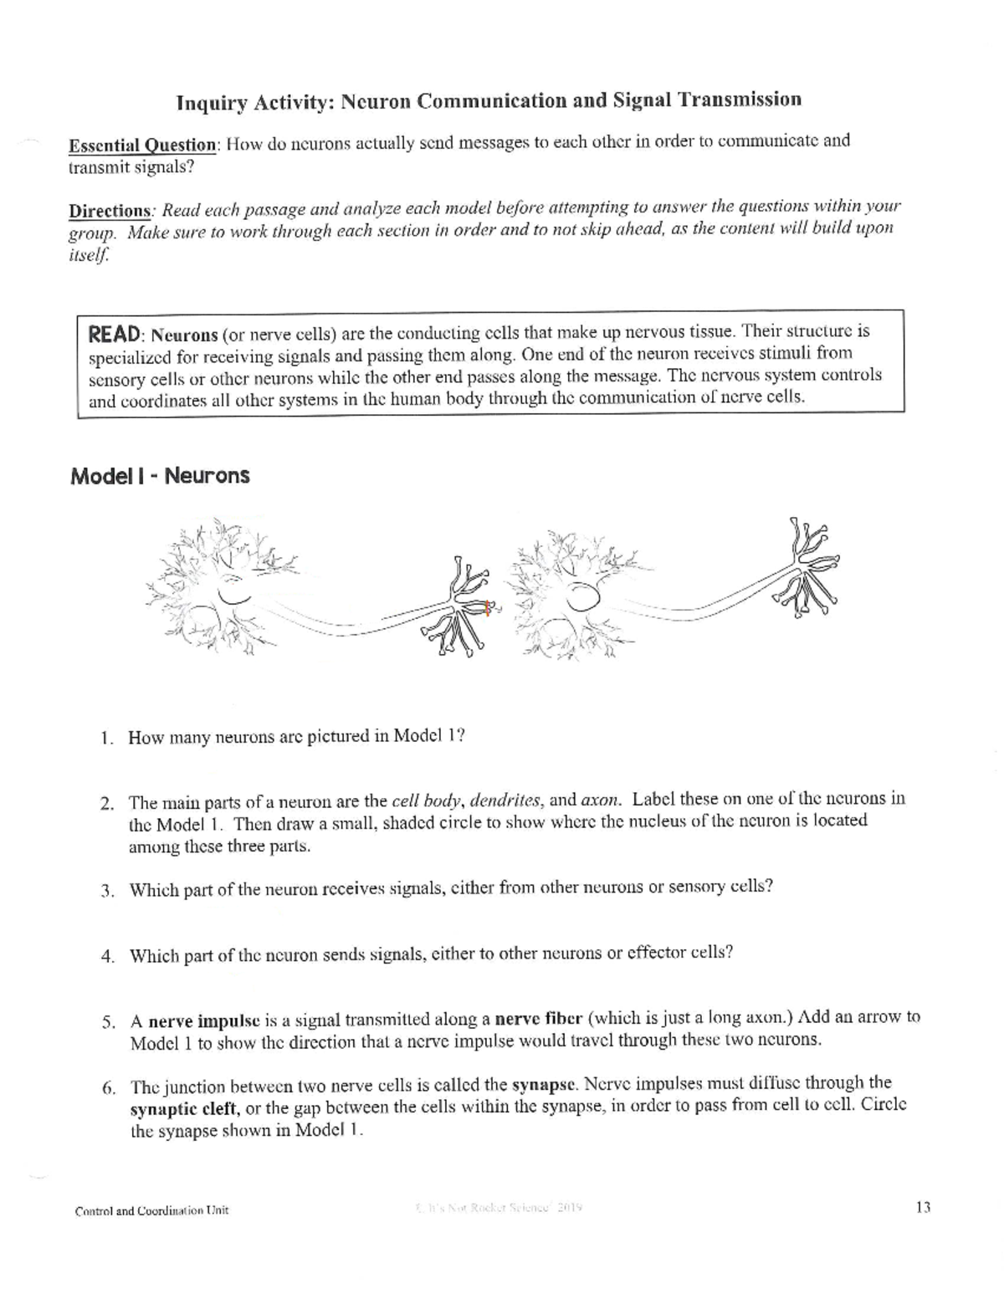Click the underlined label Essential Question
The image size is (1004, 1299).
click(142, 145)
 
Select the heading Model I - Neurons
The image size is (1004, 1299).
click(160, 476)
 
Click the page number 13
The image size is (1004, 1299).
click(923, 1207)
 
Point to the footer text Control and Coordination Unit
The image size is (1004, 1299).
click(151, 1210)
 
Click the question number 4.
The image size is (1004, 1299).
click(107, 957)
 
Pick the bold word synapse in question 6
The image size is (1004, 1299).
click(543, 1086)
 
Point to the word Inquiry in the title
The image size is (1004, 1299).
click(210, 103)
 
